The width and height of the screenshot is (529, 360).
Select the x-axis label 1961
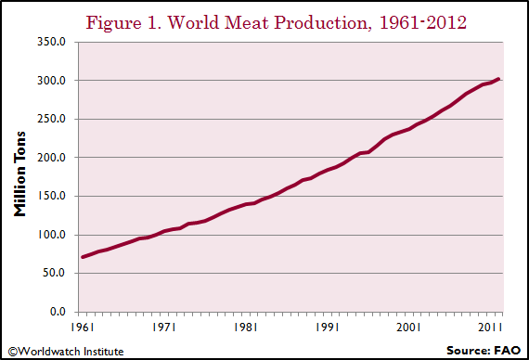(x=82, y=328)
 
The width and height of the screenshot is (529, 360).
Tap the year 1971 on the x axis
(x=164, y=328)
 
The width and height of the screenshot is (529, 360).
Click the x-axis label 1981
(x=246, y=328)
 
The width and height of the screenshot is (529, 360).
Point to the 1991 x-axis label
(x=328, y=328)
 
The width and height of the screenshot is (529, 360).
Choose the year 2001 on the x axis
(x=409, y=328)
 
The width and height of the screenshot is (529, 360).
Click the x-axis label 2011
(x=491, y=328)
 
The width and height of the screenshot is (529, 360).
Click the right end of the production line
(x=500, y=79)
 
